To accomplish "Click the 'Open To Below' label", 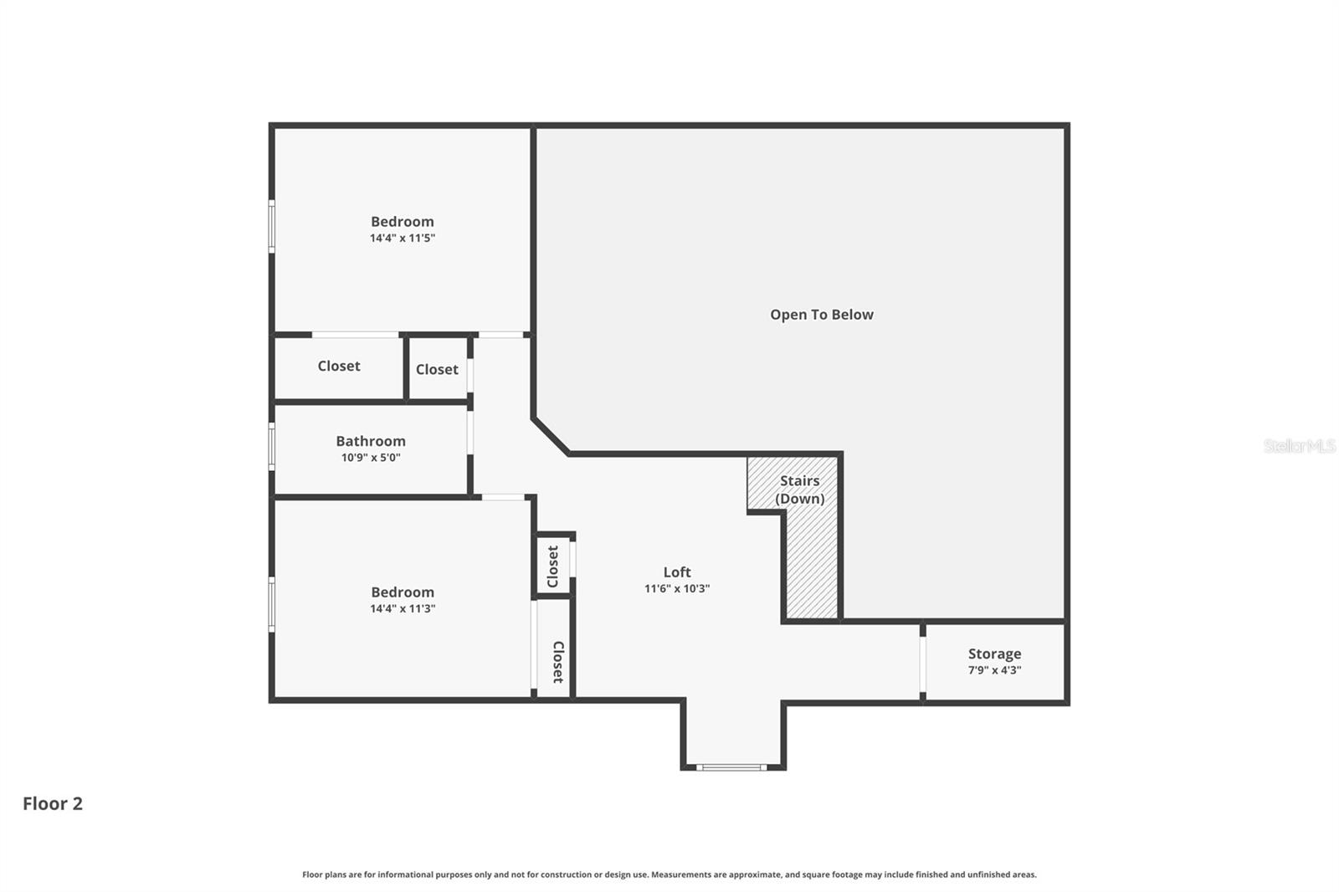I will [x=821, y=315].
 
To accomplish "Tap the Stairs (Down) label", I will [x=800, y=490].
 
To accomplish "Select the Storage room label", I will [x=994, y=654].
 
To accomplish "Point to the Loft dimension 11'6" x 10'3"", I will [x=677, y=589].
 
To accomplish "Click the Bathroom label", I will [x=371, y=441].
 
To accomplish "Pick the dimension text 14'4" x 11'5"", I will [x=403, y=238].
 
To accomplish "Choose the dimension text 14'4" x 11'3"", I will [x=403, y=609].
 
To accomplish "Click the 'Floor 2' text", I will [x=53, y=803].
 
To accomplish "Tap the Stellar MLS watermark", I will [x=1299, y=446].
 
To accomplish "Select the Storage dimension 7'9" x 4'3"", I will [x=994, y=670].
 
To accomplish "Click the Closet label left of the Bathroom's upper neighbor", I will [x=339, y=366].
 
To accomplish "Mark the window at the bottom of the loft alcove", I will [x=731, y=766].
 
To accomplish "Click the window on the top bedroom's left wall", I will [x=271, y=226].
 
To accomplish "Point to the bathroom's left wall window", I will [x=271, y=446].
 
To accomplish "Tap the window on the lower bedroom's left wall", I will [x=271, y=603].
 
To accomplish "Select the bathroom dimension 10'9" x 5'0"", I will [x=371, y=458].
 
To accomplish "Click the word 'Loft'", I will [x=677, y=572].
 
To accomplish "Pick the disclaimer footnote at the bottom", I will [x=669, y=874].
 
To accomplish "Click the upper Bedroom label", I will [x=403, y=222].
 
